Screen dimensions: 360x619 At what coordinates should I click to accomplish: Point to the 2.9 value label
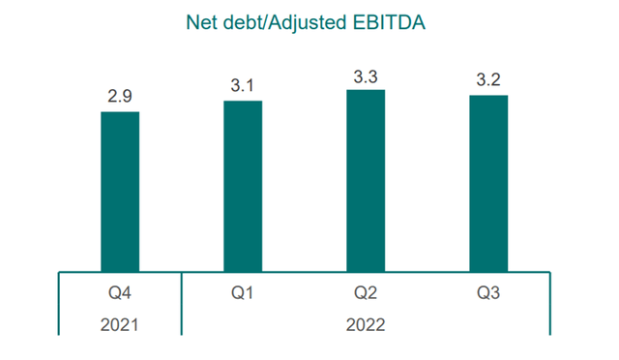(x=120, y=98)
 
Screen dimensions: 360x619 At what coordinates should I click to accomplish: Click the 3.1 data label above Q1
(x=243, y=86)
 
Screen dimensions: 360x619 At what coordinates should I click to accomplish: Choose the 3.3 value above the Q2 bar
(x=366, y=75)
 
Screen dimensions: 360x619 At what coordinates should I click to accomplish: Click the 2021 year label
(x=120, y=325)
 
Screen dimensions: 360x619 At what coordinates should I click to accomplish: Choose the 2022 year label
(x=366, y=325)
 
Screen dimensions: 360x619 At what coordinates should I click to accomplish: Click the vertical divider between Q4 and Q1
(x=182, y=304)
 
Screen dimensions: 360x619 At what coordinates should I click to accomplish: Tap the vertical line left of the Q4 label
(x=59, y=304)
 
